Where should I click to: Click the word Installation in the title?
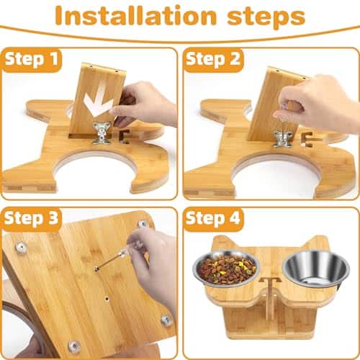click(x=136, y=16)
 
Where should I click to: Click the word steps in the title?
click(x=266, y=17)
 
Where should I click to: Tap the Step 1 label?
click(x=31, y=59)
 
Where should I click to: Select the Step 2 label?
click(x=213, y=59)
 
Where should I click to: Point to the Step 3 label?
click(x=31, y=219)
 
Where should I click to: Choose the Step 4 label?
click(x=213, y=219)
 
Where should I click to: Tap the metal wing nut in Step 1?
click(x=102, y=132)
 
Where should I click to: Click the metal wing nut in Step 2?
click(x=282, y=138)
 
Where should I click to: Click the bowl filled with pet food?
click(x=227, y=268)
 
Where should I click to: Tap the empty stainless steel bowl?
click(x=316, y=269)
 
